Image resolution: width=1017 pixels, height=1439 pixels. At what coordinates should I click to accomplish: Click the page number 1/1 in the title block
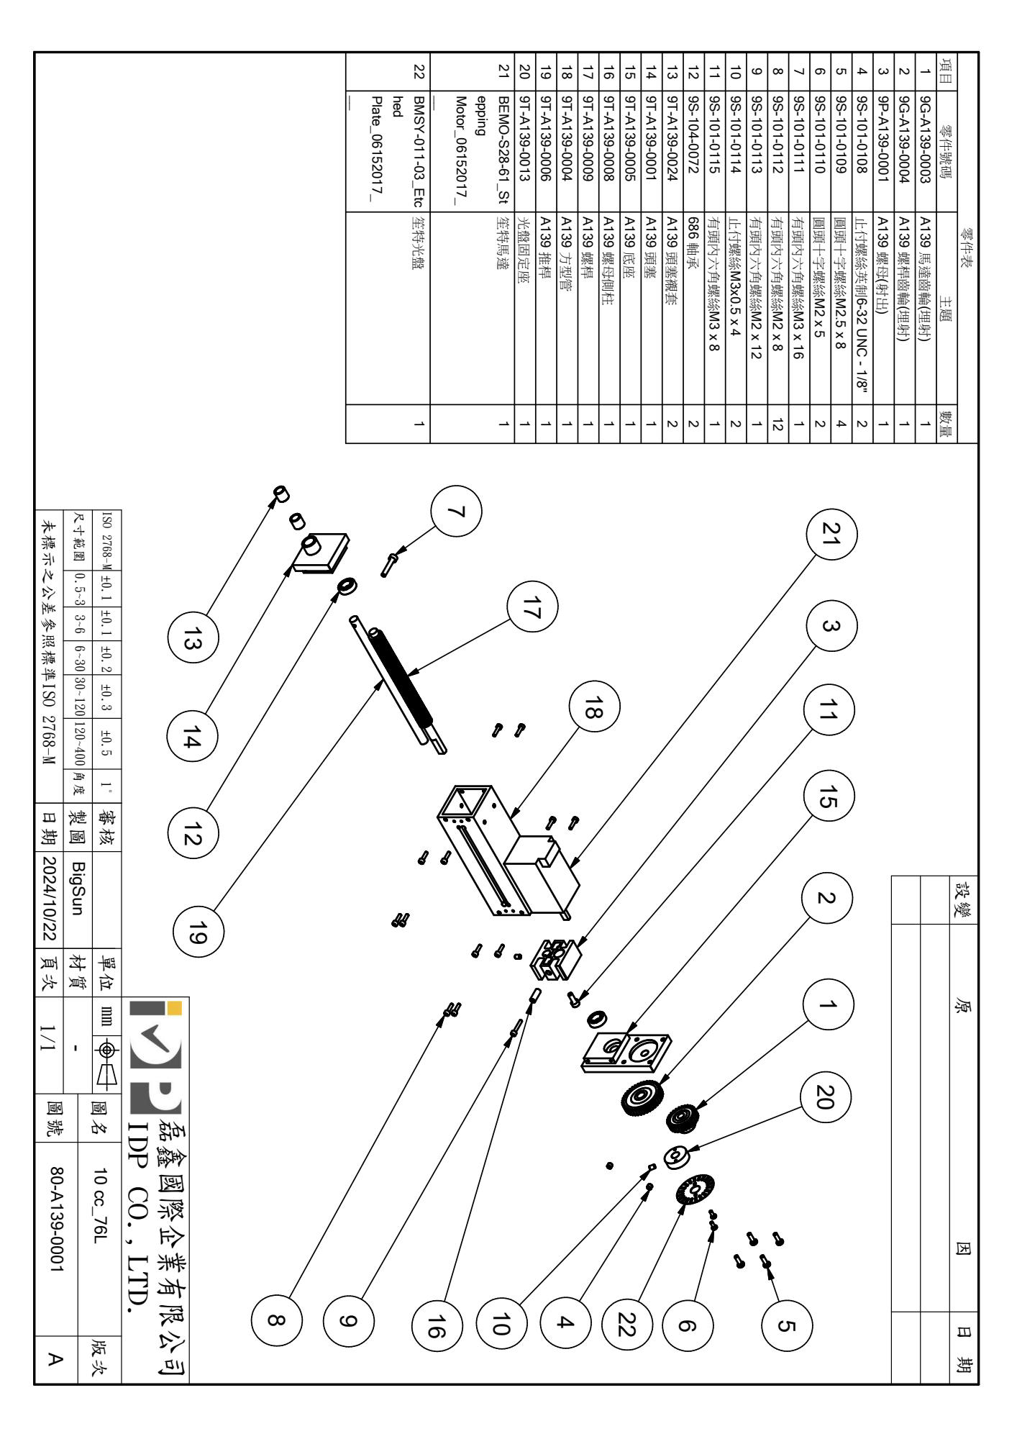pos(55,1030)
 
